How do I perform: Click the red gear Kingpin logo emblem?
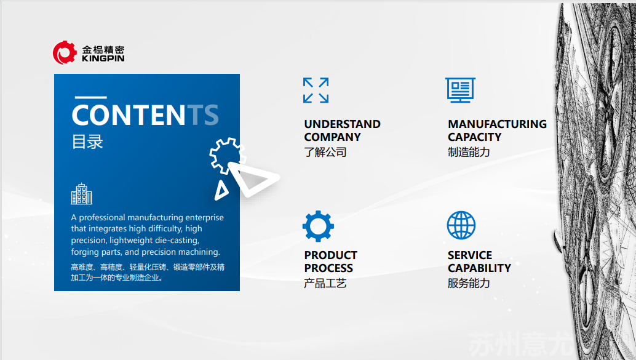point(65,53)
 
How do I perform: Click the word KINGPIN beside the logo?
point(103,58)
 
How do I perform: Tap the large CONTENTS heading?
point(145,115)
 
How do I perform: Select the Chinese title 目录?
point(87,142)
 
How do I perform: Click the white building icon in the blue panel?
point(82,194)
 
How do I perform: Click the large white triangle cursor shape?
point(253,178)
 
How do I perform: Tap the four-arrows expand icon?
point(316,90)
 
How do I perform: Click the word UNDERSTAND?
point(343,124)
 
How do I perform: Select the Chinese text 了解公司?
point(325,152)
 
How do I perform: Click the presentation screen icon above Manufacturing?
point(460,90)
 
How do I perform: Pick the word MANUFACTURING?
point(497,124)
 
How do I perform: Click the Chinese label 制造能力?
point(469,152)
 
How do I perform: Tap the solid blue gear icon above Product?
point(318,226)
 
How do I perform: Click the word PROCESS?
point(328,268)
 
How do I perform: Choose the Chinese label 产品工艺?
point(325,283)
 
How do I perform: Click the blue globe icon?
point(461,225)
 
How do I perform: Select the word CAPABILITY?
point(479,268)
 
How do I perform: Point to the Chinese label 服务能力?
point(469,283)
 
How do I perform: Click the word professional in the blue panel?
point(101,218)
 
